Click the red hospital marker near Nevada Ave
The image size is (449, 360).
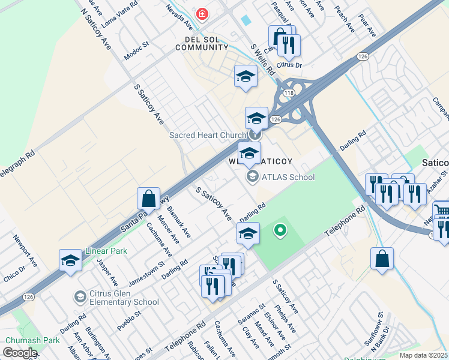point(202,14)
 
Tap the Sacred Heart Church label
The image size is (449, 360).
point(208,135)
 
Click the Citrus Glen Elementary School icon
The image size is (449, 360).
point(80,296)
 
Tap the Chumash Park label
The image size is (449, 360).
point(32,340)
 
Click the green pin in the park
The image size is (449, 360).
point(279,229)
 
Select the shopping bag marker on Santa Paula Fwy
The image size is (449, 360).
point(148,198)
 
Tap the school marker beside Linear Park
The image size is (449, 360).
point(70,260)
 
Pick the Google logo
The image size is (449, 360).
point(19,352)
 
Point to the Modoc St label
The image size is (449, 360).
point(136,47)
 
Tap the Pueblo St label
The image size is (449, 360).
point(129,314)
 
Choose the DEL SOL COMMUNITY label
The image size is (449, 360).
point(202,42)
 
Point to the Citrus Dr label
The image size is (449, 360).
point(289,64)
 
